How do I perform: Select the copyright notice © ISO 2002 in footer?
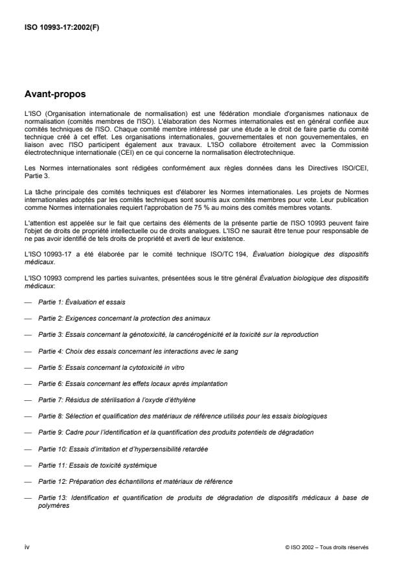click(327, 547)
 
